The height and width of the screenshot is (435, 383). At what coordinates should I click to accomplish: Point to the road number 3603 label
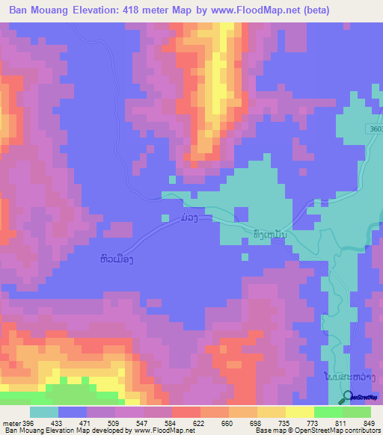tap(372, 128)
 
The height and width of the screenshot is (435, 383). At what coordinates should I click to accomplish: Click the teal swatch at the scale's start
tap(44, 412)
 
